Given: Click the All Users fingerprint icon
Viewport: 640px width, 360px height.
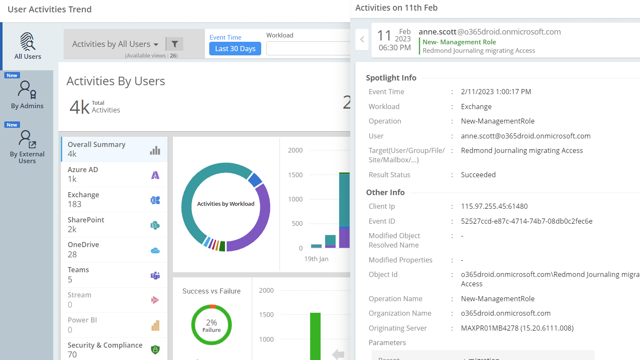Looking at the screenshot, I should [28, 41].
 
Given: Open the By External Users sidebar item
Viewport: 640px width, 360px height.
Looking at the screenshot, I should [27, 147].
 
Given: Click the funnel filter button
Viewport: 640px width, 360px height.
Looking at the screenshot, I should [175, 44].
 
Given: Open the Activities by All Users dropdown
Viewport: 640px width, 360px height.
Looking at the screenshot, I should [115, 44].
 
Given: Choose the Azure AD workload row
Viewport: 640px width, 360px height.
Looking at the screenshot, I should [113, 174].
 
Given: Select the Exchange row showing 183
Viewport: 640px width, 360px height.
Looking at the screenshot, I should [113, 199].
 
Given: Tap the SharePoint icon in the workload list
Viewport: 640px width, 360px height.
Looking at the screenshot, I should [155, 225].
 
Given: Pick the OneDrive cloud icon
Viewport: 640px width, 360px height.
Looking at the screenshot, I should [155, 251].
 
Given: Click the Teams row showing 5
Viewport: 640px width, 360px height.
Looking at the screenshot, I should [113, 275].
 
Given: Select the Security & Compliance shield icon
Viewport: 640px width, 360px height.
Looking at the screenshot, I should [155, 350].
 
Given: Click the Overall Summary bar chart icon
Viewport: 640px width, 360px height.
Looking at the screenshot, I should [155, 150].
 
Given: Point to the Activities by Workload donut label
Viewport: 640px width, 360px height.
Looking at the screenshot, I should [226, 204].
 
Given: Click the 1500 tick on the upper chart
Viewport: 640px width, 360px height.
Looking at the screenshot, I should [295, 175].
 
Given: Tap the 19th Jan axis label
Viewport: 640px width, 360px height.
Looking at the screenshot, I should [316, 259].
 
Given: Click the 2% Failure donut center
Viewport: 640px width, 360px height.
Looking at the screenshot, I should [211, 325].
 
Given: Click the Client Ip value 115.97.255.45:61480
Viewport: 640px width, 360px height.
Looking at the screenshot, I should [494, 207].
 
